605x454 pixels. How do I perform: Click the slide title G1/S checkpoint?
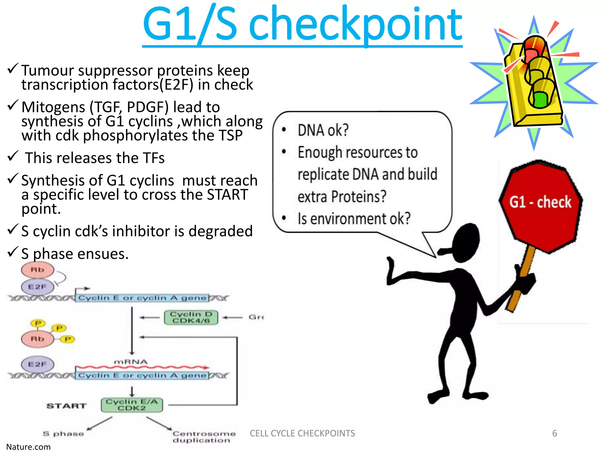coord(302,25)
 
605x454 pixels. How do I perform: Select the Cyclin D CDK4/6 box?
coord(191,317)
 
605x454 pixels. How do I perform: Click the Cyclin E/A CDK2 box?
coord(132,405)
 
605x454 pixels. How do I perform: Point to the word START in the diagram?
coord(66,406)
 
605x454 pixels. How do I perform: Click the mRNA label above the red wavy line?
coord(131,362)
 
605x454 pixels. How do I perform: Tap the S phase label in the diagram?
coord(63,434)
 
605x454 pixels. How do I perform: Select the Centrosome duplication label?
coord(204,437)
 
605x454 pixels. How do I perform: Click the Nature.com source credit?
coord(28,447)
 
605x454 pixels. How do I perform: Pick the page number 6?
coord(554,433)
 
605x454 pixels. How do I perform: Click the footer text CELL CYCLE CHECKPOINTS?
coord(302,433)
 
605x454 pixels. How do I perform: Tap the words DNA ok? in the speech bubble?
coord(323,130)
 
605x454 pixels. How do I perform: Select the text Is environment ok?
coord(354,219)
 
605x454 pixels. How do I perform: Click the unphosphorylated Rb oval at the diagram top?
coord(37,270)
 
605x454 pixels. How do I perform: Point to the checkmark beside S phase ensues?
coord(13,252)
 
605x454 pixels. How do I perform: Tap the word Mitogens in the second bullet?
coord(53,107)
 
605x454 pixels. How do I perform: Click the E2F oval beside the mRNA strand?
coord(37,364)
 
